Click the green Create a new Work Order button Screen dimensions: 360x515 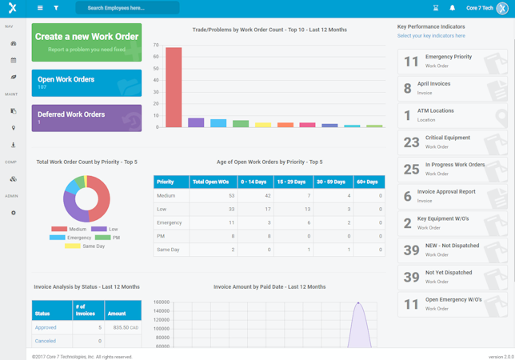click(86, 42)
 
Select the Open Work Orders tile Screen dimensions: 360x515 click(86, 82)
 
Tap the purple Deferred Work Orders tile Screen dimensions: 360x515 click(86, 118)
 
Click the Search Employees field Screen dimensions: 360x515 click(127, 8)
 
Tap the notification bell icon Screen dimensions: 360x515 click(452, 8)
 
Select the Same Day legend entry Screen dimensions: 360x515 click(89, 246)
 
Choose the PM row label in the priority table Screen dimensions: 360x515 click(162, 236)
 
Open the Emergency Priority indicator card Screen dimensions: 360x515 click(452, 62)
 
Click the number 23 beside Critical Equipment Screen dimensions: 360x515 click(411, 142)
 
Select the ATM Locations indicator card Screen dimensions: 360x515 click(452, 115)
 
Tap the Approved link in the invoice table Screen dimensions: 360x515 click(46, 327)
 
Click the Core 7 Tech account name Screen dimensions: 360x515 click(481, 8)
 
